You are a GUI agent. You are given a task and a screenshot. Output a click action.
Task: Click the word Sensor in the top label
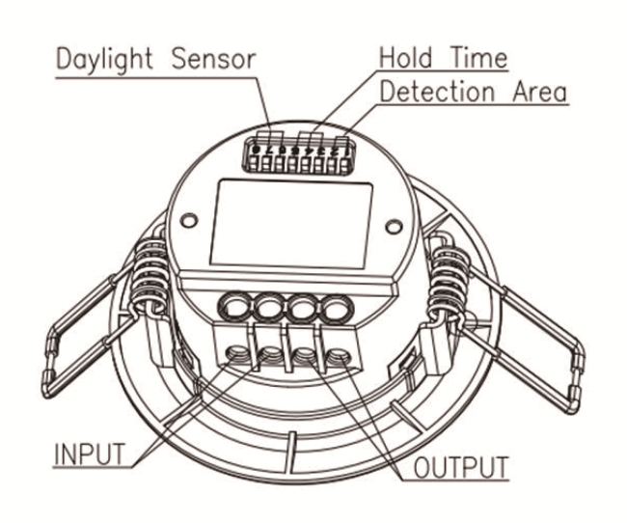(x=215, y=57)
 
